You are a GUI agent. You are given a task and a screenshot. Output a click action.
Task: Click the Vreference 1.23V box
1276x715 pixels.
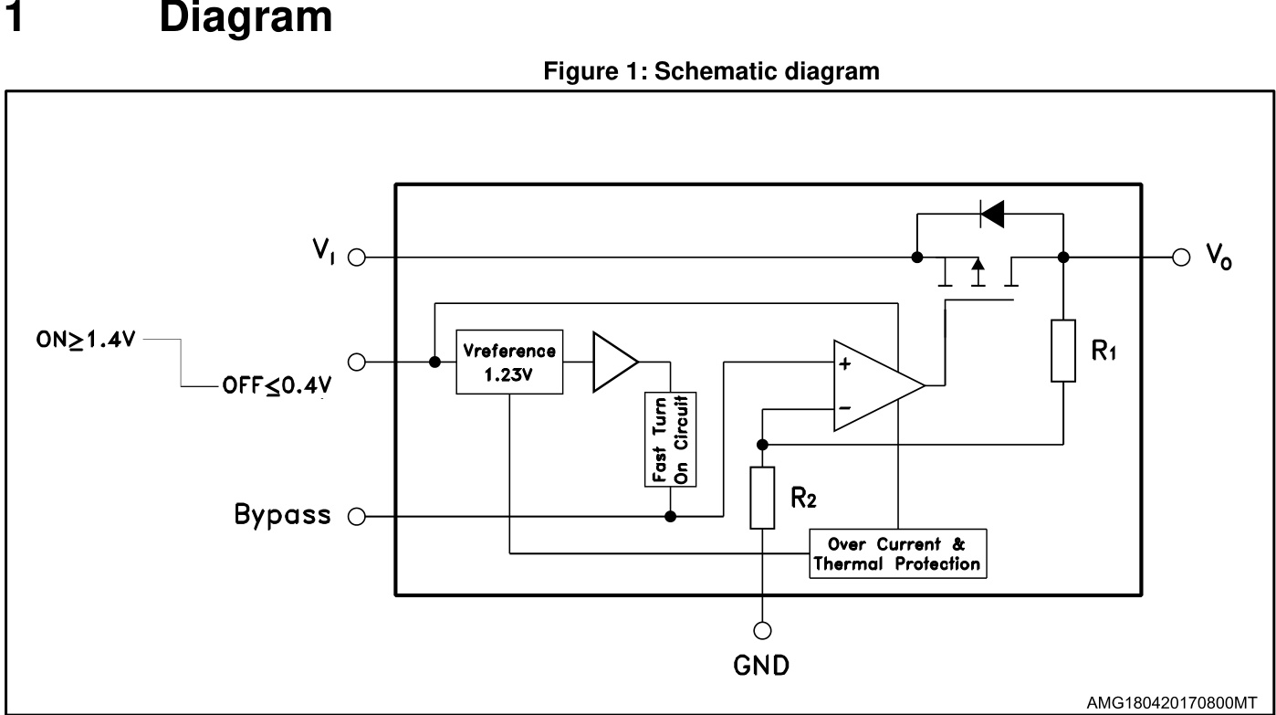(x=509, y=363)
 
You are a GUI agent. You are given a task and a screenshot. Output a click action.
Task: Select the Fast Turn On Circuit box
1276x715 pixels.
(x=671, y=439)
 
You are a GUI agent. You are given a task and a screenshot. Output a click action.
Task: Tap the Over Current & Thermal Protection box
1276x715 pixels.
(x=897, y=552)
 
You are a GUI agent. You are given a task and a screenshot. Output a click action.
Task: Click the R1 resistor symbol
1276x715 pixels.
(x=1063, y=350)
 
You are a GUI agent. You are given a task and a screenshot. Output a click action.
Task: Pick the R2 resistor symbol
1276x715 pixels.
(x=762, y=498)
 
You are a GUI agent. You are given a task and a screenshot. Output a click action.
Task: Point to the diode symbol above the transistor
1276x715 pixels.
(x=991, y=214)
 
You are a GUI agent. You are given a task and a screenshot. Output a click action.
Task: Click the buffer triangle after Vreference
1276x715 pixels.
(x=612, y=363)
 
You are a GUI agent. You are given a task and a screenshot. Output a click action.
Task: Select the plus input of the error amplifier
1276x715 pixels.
(x=844, y=363)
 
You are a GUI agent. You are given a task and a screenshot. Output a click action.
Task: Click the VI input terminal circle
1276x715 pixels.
(x=357, y=258)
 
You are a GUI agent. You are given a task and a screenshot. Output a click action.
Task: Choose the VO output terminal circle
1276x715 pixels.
(x=1181, y=258)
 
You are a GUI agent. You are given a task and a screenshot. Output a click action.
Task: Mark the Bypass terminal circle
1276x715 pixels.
(x=357, y=517)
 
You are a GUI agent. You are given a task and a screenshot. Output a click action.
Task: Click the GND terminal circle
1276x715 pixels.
(x=762, y=629)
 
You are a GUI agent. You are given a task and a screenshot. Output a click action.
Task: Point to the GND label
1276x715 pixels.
(x=762, y=666)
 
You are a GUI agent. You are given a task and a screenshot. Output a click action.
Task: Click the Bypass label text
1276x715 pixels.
(x=282, y=515)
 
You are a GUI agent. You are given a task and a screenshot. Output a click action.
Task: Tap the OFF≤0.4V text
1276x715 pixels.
(x=274, y=386)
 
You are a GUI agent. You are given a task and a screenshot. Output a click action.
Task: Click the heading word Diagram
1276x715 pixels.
(x=246, y=19)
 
